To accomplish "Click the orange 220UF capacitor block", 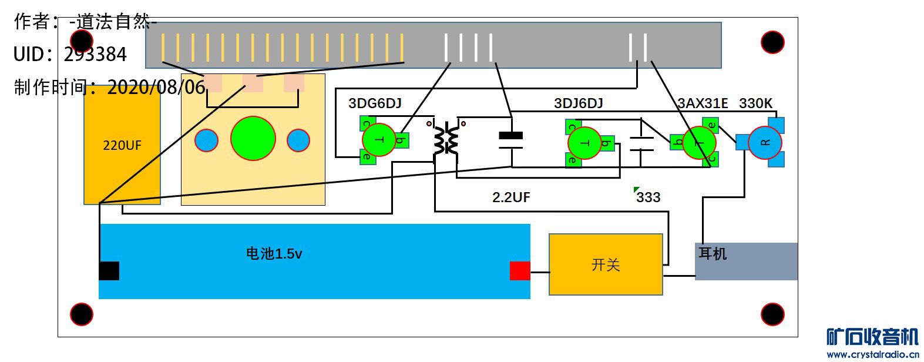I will coord(122,145).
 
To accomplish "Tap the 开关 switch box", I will coord(606,264).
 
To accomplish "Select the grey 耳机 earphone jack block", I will coord(746,261).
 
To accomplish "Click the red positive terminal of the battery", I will coord(520,270).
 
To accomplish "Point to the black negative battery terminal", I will coord(109,270).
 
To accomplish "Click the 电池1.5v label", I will coord(274,253).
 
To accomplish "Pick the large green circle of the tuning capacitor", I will coord(253,139).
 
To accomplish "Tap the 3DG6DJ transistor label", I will coord(375,103).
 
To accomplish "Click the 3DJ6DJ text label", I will coord(578,103).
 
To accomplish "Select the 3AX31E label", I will coord(703,103).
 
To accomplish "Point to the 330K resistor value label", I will coord(755,103).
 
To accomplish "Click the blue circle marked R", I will coord(765,142).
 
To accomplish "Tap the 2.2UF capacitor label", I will coord(511,197).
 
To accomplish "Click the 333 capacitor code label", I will coord(649,197).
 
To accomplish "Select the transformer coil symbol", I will coord(446,139).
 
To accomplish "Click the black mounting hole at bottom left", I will coord(82,314).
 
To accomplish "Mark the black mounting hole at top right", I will coord(772,42).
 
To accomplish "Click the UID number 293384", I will coord(95,54).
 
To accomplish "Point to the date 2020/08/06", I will coord(156,88).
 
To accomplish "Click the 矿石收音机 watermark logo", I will coord(872,337).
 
